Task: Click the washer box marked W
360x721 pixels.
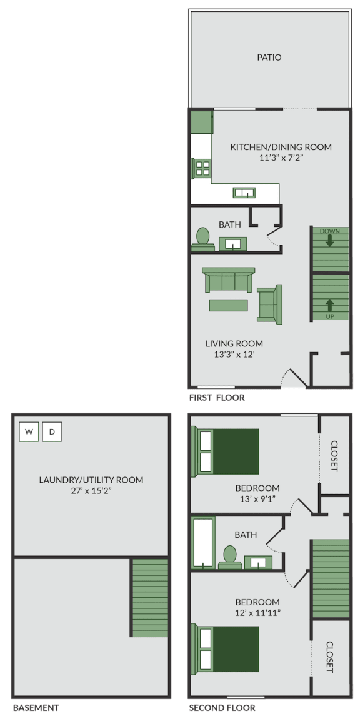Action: tap(29, 432)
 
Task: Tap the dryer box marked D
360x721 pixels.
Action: tap(52, 432)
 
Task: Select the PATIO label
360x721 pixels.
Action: tap(269, 58)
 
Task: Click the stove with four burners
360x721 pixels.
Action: tap(202, 168)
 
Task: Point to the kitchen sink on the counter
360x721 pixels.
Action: tap(244, 193)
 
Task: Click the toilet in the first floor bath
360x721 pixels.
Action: tap(202, 238)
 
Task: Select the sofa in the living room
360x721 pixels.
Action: tap(228, 281)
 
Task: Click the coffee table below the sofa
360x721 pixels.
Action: tap(228, 305)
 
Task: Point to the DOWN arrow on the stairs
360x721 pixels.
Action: tap(329, 241)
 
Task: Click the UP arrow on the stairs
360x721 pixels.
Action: tap(329, 305)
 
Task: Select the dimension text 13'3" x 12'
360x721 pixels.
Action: tap(234, 355)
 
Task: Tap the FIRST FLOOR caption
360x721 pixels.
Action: tap(216, 398)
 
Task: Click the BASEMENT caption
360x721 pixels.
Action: tap(36, 708)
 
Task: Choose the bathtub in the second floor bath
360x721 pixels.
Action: tap(203, 542)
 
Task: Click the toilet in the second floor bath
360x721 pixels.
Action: tap(229, 557)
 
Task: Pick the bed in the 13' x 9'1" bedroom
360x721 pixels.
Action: tap(229, 451)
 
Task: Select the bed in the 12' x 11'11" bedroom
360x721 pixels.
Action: tap(229, 648)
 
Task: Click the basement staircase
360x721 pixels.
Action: tap(150, 598)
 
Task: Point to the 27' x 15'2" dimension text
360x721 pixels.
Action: tap(91, 492)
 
